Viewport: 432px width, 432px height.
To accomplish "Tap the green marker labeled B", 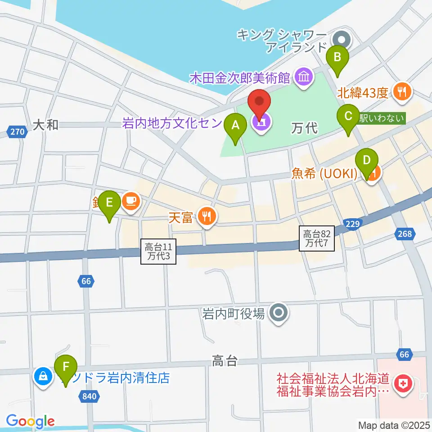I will tap(339, 58).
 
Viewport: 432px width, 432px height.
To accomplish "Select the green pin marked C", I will tap(348, 117).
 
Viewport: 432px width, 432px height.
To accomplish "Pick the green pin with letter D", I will tap(367, 161).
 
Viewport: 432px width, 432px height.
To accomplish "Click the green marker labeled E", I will tap(109, 203).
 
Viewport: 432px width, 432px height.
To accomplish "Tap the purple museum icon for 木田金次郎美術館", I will tap(304, 78).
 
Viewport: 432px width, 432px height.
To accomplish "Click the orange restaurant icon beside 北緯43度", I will tap(402, 92).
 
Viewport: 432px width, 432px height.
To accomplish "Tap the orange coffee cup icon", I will tap(130, 200).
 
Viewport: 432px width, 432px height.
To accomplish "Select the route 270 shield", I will tap(16, 132).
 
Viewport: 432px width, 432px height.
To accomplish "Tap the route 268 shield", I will tap(405, 233).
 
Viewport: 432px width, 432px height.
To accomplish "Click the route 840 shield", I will tap(89, 396).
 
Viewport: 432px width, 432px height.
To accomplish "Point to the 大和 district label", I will tap(46, 125).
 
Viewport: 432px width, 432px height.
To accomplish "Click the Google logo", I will tap(30, 421).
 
